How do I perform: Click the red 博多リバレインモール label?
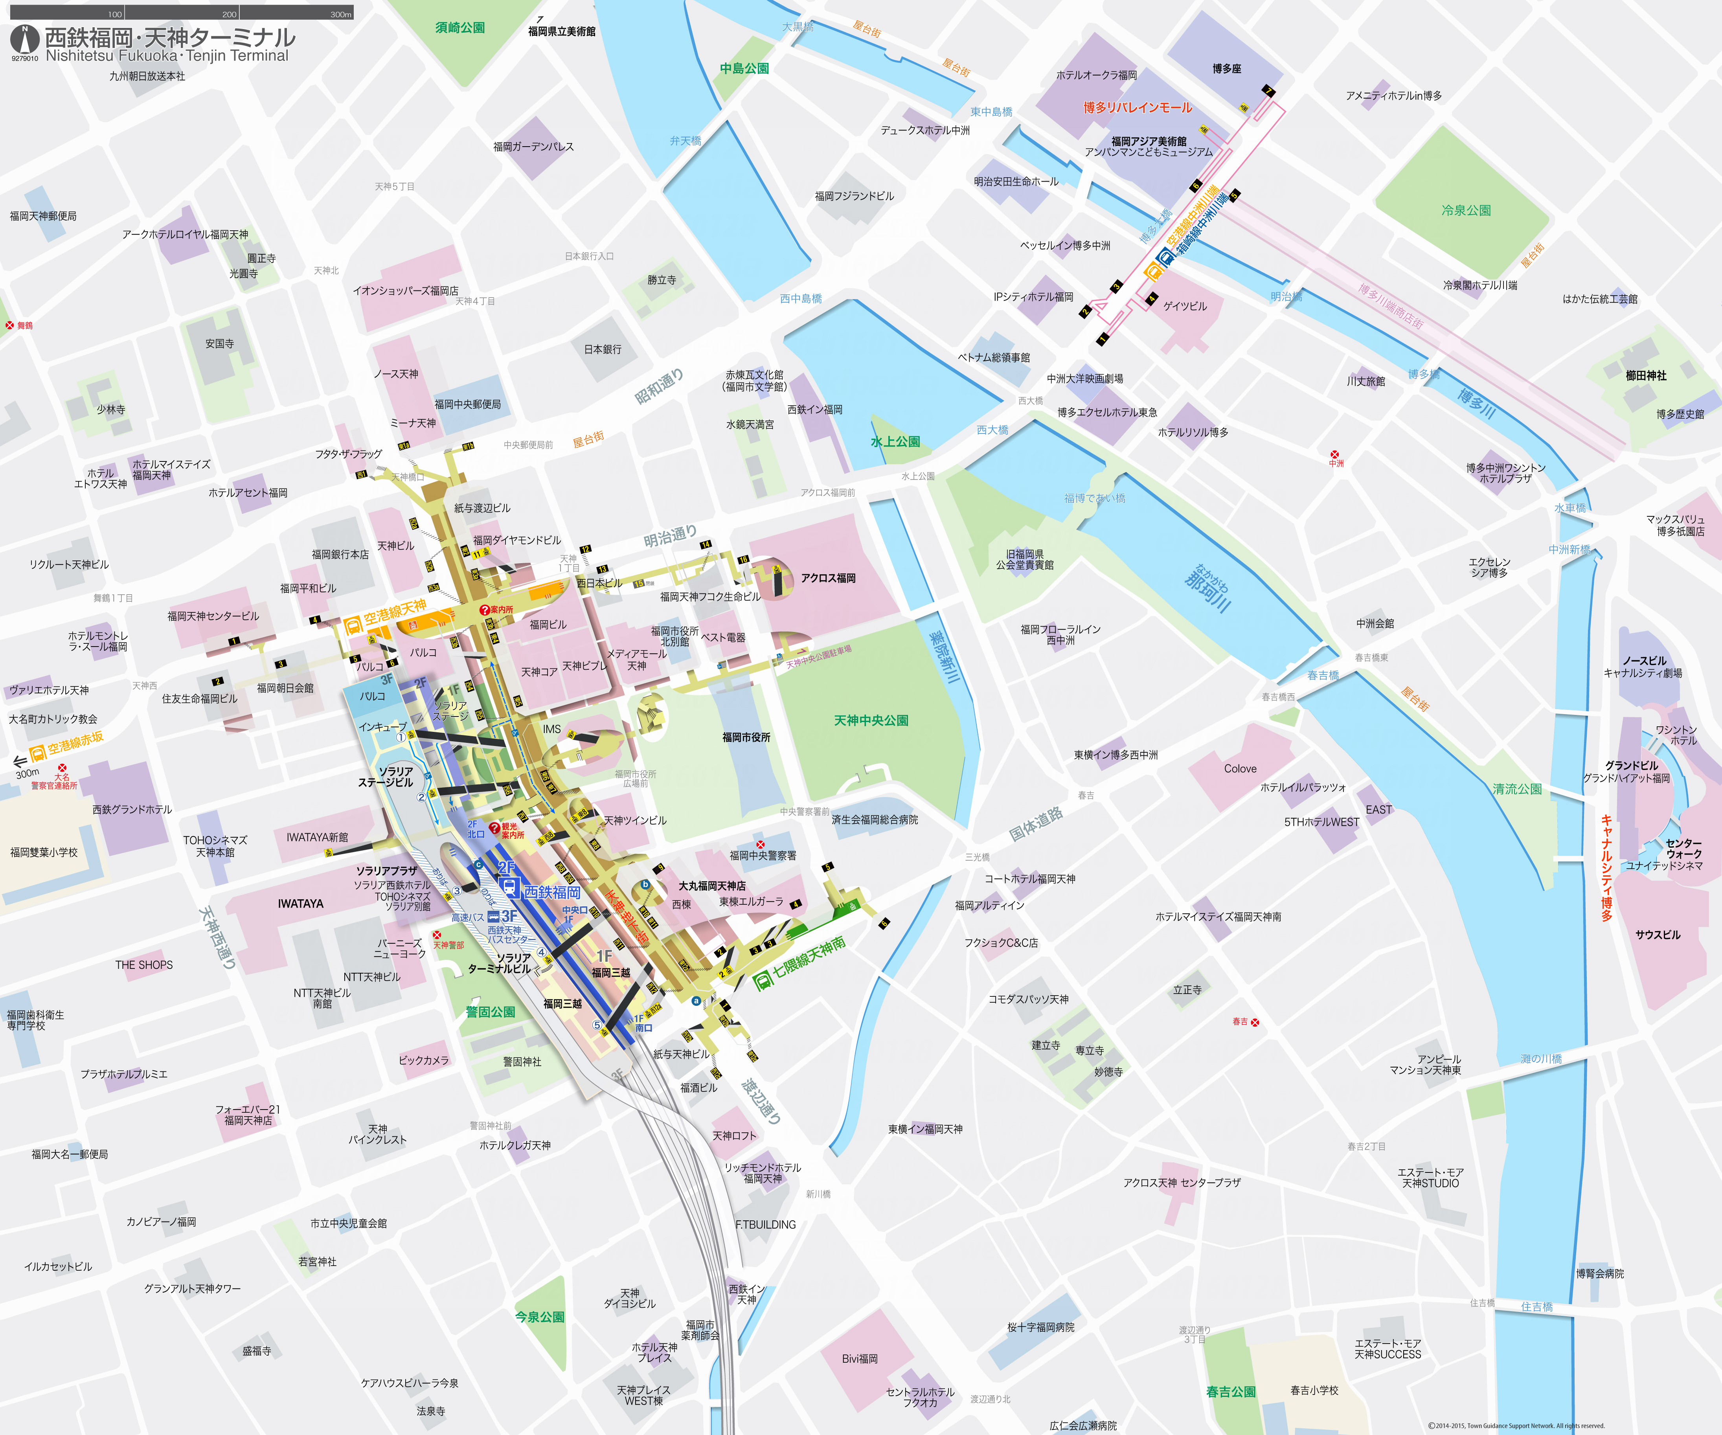coord(1138,107)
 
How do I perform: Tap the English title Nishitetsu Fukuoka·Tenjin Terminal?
coord(167,56)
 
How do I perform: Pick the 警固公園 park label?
coord(491,1012)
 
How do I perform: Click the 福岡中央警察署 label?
coord(763,855)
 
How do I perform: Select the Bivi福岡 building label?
coord(859,1359)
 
